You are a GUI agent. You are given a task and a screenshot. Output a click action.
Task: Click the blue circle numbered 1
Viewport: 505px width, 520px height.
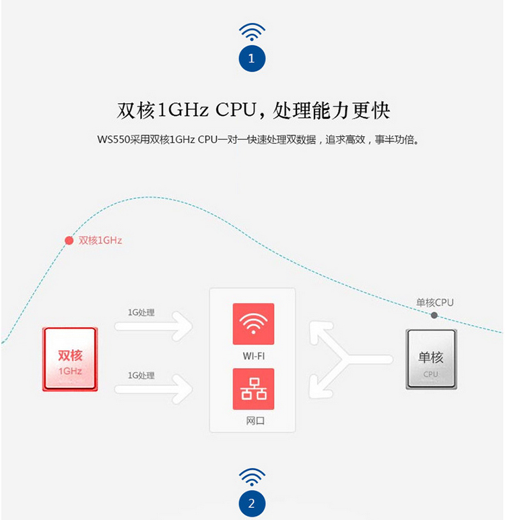pyautogui.click(x=252, y=58)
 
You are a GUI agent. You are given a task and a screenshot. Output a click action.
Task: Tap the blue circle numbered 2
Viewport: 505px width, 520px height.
pyautogui.click(x=252, y=503)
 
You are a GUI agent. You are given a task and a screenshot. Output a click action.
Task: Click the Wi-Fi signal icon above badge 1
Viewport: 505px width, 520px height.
pyautogui.click(x=252, y=31)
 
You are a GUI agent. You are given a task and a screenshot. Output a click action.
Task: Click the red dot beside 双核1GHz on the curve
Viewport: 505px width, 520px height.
pyautogui.click(x=69, y=240)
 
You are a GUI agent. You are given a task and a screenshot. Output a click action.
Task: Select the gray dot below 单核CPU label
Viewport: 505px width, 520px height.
pyautogui.click(x=434, y=315)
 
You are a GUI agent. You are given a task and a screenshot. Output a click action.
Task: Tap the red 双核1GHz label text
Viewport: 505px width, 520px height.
pyautogui.click(x=100, y=240)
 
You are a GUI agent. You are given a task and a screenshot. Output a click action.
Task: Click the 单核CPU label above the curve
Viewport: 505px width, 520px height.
pyautogui.click(x=435, y=302)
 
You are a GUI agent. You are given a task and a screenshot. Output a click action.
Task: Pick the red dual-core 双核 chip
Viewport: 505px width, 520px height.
pyautogui.click(x=70, y=359)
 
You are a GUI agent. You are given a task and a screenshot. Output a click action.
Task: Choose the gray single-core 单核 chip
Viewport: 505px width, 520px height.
pyautogui.click(x=431, y=359)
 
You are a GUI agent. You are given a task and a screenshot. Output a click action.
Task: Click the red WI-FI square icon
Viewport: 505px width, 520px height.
pyautogui.click(x=253, y=324)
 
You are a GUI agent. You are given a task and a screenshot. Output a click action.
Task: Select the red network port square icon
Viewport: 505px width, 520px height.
pyautogui.click(x=253, y=389)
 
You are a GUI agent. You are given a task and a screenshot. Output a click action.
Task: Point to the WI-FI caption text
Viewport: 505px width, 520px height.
pyautogui.click(x=253, y=355)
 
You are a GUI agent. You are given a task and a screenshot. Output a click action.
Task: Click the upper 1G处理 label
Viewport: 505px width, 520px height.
pyautogui.click(x=141, y=312)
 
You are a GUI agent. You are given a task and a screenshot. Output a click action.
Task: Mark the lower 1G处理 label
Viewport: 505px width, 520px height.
pyautogui.click(x=141, y=375)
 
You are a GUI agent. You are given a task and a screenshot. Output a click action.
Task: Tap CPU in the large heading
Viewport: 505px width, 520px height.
pyautogui.click(x=236, y=110)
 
